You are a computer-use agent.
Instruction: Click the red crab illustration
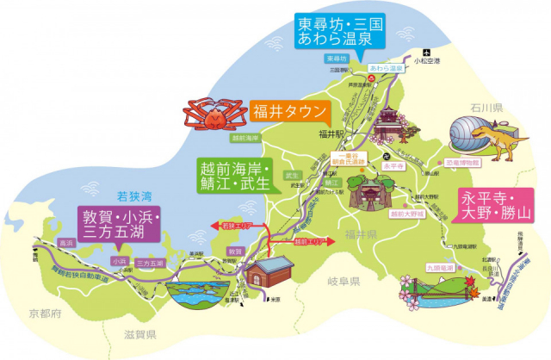pos(213,113)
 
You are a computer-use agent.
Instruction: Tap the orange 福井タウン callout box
pos(289,111)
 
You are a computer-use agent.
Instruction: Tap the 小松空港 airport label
pos(426,61)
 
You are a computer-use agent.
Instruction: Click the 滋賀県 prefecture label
pos(138,334)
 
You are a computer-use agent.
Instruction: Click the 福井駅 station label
pos(331,134)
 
